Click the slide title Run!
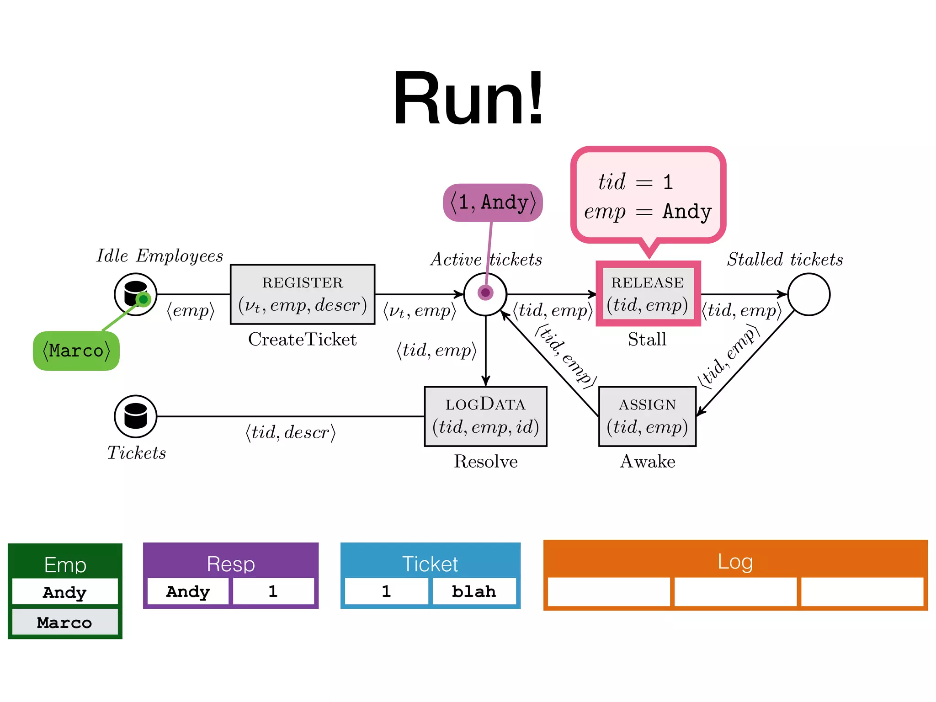(468, 98)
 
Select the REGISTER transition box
(303, 294)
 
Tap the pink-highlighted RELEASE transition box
(648, 294)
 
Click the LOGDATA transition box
(485, 416)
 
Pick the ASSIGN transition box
(647, 416)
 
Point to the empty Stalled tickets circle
(808, 294)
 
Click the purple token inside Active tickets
(485, 292)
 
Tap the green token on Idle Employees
(143, 299)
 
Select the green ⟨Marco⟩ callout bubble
(76, 351)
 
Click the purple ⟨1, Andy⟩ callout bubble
(493, 202)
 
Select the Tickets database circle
(135, 416)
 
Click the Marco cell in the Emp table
(64, 622)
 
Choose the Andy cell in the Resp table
(188, 591)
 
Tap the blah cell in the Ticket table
(474, 591)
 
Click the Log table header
(735, 561)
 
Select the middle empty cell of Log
(735, 592)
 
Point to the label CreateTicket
(302, 339)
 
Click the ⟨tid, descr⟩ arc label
(291, 432)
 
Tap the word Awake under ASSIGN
(647, 461)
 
